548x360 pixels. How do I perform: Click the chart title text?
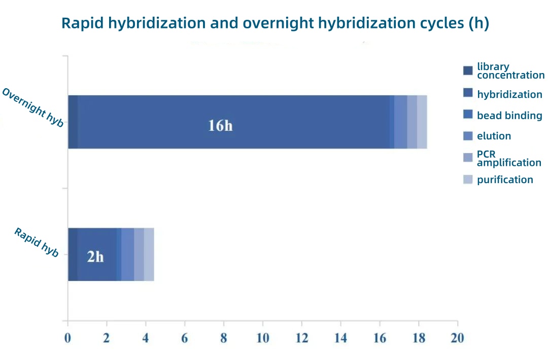tap(275, 23)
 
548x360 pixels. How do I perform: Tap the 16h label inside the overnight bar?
tap(220, 125)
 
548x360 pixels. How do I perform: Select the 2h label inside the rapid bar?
tap(95, 257)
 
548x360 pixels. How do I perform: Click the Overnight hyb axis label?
tap(32, 107)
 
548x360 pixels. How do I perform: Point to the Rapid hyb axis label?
tap(37, 242)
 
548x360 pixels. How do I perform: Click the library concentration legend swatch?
tap(468, 70)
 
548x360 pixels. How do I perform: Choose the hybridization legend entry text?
tap(509, 94)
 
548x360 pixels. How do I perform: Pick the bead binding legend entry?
tap(509, 116)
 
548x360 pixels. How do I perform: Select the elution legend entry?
tap(493, 136)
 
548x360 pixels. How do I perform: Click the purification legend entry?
tap(504, 179)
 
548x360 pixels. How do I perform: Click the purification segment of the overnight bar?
tap(422, 122)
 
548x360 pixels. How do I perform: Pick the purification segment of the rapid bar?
tap(149, 255)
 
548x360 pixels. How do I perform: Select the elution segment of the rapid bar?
tap(127, 255)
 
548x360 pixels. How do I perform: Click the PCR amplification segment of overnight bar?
tap(412, 122)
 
